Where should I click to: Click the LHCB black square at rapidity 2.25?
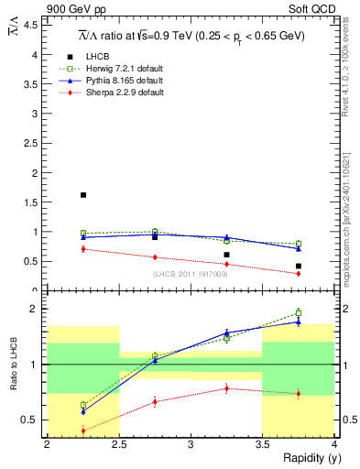click(x=83, y=195)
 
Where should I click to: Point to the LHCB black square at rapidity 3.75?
click(x=299, y=266)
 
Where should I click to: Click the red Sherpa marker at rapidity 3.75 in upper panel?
click(x=299, y=273)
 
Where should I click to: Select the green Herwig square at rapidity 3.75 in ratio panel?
click(x=299, y=312)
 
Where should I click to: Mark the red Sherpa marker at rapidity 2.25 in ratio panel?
click(x=83, y=431)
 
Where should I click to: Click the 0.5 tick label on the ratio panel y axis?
click(x=31, y=420)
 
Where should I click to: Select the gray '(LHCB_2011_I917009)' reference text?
click(x=190, y=274)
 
